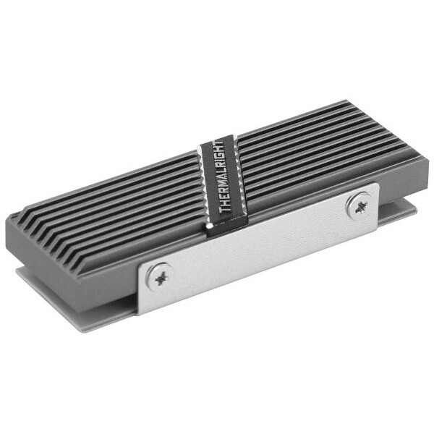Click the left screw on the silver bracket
[159, 275]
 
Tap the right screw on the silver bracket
[358, 205]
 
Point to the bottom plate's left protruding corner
[22, 273]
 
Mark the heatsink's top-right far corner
[348, 103]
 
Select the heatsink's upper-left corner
[14, 216]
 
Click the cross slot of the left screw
[159, 275]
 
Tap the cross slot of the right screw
[358, 205]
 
